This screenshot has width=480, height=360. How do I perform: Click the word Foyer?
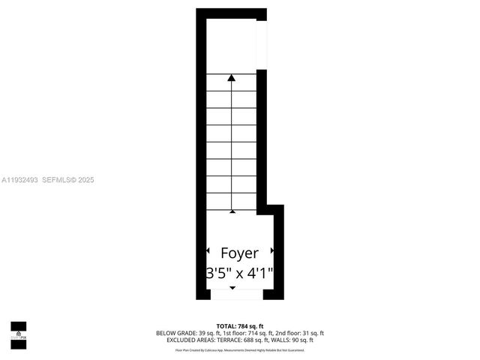(x=239, y=253)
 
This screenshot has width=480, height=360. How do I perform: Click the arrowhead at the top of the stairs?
(x=232, y=76)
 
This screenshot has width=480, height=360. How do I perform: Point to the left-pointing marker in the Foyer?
(x=208, y=251)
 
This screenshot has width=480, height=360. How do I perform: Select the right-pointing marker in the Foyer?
(x=271, y=251)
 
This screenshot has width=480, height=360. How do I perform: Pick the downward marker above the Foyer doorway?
(x=232, y=288)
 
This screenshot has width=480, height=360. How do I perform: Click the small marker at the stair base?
(x=232, y=211)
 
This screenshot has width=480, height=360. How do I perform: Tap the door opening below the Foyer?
(x=232, y=295)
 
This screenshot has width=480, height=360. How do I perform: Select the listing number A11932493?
(x=19, y=180)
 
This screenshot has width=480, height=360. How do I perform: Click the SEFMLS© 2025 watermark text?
(x=68, y=180)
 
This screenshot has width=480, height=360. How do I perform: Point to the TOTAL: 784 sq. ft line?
(x=239, y=326)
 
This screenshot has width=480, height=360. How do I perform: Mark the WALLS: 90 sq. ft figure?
(x=291, y=340)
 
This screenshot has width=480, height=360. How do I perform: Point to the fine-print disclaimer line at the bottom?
(x=239, y=349)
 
